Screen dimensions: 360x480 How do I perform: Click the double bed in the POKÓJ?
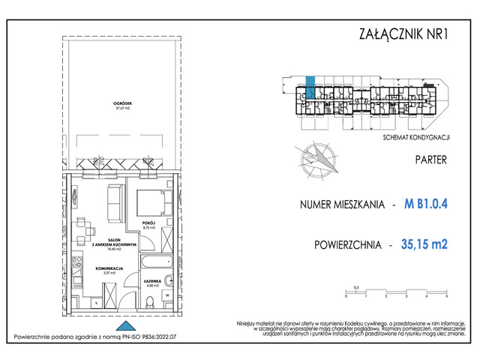155,202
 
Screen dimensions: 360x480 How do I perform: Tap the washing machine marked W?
168,295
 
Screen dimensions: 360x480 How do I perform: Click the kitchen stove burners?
77,262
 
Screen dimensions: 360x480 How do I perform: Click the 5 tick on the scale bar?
445,296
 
